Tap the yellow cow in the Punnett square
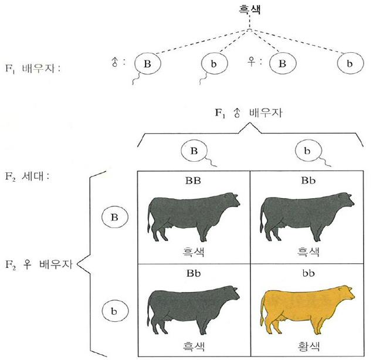pyautogui.click(x=307, y=307)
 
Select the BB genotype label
pyautogui.click(x=193, y=181)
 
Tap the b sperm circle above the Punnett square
pyautogui.click(x=306, y=151)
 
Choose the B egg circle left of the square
pyautogui.click(x=114, y=218)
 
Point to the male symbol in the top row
pyautogui.click(x=115, y=60)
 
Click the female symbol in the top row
pyautogui.click(x=252, y=60)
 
